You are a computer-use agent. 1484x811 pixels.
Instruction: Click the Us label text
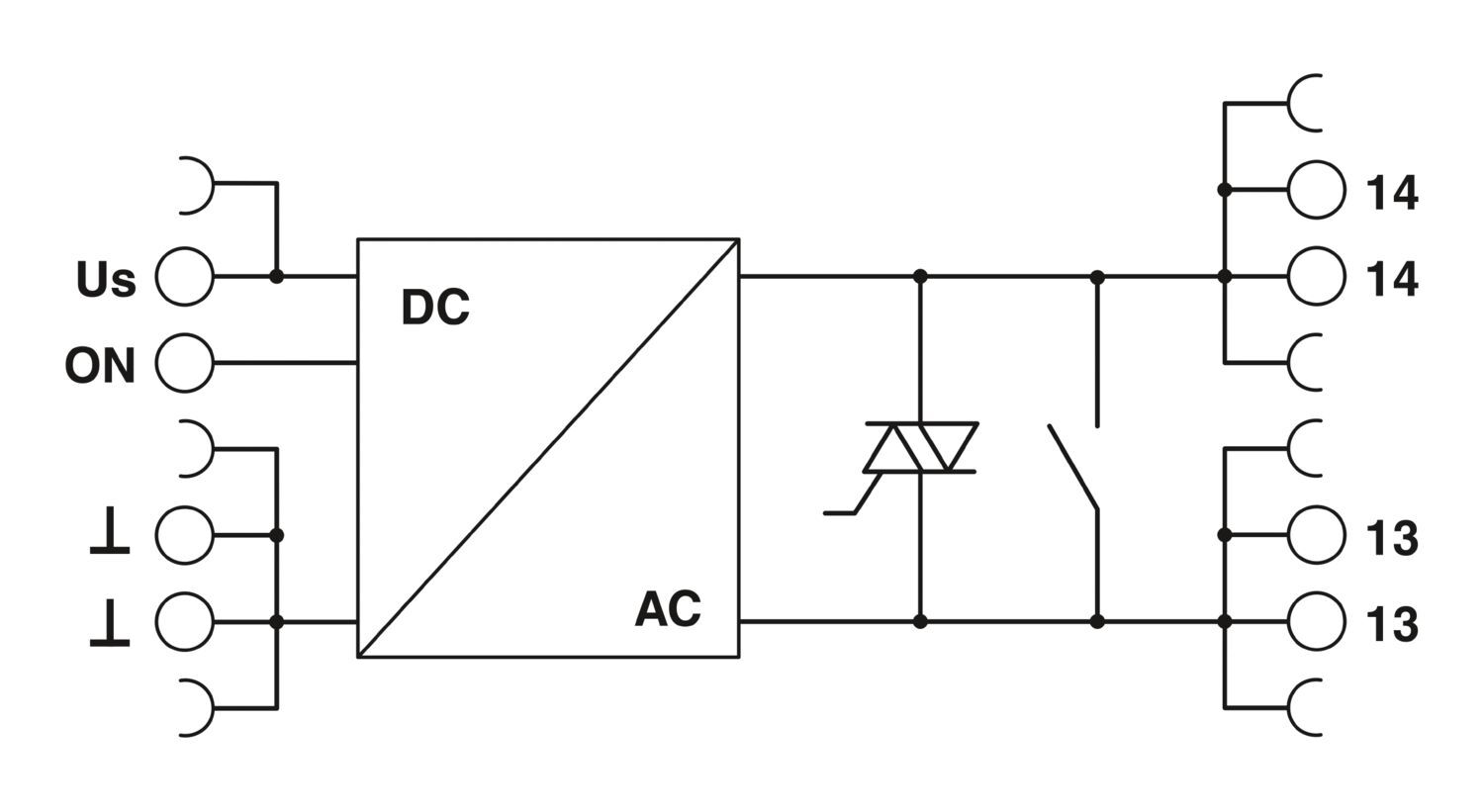[x=106, y=280]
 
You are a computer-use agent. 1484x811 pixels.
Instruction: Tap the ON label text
[x=100, y=366]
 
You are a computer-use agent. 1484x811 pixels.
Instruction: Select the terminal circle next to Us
[x=184, y=277]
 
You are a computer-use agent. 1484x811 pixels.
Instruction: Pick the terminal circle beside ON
[x=184, y=363]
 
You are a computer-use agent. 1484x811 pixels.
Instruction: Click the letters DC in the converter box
[x=435, y=308]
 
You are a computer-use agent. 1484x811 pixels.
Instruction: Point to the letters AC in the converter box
[x=668, y=608]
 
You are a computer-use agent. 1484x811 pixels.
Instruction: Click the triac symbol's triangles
[x=921, y=447]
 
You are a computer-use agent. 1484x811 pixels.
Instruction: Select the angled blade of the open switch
[x=1073, y=467]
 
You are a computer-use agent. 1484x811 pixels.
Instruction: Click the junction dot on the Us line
[x=277, y=277]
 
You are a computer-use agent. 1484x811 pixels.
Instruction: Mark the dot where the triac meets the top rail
[x=920, y=276]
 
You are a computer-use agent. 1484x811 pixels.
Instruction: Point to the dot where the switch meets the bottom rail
[x=1097, y=621]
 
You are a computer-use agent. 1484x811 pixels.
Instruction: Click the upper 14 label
[x=1392, y=193]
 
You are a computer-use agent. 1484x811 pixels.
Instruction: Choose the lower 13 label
[x=1392, y=625]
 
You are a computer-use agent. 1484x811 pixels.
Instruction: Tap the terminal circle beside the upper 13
[x=1317, y=535]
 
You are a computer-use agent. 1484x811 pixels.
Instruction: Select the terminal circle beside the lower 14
[x=1317, y=276]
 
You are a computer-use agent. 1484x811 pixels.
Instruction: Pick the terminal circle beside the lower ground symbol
[x=184, y=621]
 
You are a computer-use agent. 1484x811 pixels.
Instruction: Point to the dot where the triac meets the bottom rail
[x=920, y=621]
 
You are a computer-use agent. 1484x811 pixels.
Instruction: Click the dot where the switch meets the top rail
[x=1097, y=276]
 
